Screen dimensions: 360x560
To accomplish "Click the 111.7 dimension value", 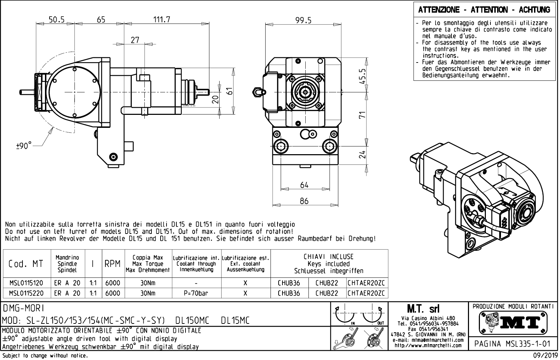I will click(x=162, y=20).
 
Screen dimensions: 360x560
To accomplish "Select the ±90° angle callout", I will click(x=24, y=145).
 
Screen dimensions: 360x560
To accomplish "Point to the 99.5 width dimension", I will click(x=303, y=20).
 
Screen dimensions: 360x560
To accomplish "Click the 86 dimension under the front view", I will click(x=304, y=201).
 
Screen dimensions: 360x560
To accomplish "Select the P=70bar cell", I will click(x=196, y=293).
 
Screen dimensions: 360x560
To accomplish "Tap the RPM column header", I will click(x=112, y=264).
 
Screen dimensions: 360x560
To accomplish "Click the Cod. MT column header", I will click(x=26, y=264).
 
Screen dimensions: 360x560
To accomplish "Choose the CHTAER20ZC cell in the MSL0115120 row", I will click(x=367, y=283).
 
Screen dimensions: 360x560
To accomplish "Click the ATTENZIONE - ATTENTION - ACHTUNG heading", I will click(x=484, y=10).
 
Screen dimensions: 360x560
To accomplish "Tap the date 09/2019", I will click(x=545, y=356).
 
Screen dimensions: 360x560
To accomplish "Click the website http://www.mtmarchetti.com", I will click(x=428, y=345).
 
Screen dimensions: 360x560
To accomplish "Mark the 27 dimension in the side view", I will click(x=135, y=40).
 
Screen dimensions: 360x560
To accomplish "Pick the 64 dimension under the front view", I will click(x=304, y=185).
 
